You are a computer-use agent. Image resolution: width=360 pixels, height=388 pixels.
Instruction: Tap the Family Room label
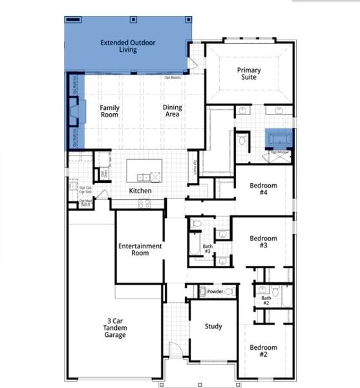tap(109, 111)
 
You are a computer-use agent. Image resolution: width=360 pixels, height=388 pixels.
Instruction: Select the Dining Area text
tap(172, 111)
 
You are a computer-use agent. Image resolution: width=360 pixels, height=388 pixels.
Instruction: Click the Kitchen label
tap(140, 191)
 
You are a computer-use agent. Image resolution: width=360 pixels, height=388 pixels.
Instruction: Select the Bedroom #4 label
tap(263, 189)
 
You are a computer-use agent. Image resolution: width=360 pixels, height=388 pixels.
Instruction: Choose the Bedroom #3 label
tap(263, 241)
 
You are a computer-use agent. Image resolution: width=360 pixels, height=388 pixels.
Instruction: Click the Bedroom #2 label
tap(263, 351)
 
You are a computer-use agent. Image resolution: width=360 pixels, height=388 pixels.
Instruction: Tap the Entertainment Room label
tap(140, 249)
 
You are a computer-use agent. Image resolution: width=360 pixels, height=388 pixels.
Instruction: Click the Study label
tap(213, 327)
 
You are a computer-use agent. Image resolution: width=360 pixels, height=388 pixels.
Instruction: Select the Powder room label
tap(216, 292)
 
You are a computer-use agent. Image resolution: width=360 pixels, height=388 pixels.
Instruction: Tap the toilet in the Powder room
tap(201, 291)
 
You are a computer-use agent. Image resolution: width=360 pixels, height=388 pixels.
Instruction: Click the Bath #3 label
tap(207, 249)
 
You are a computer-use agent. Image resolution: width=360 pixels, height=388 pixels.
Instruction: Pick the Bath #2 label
tap(266, 301)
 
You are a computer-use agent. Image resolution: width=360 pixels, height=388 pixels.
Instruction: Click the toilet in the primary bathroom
tap(242, 139)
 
